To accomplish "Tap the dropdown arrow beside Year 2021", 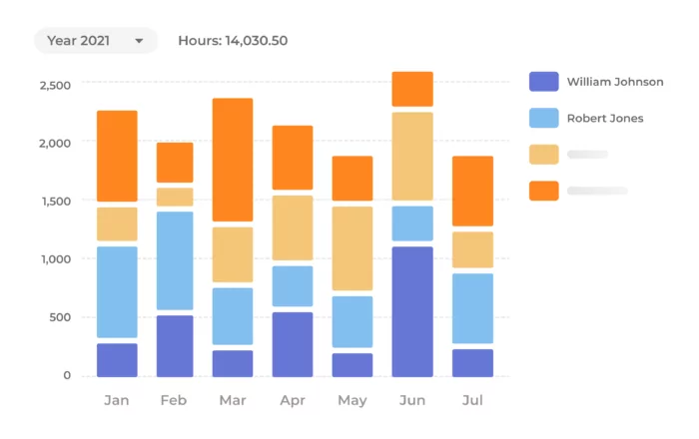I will coord(139,41).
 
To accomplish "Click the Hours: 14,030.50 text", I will coord(233,41).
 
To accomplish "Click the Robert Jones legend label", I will coord(604,118).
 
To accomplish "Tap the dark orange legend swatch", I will coord(544,190).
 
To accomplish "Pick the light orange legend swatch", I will coord(544,154).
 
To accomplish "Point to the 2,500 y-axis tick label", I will coord(54,85).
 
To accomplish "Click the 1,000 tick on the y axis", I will coord(54,259).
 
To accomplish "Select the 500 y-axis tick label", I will coord(59,317).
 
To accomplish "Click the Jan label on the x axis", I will coord(117,400).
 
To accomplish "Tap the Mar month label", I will coord(233,400).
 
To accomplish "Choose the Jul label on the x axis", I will coord(472,400).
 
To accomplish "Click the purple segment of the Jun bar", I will coord(412,311).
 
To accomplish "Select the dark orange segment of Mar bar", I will coord(233,160).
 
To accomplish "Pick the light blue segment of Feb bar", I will coord(175,260).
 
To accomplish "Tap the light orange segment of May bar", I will coord(352,248).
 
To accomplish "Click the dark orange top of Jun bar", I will coord(412,89).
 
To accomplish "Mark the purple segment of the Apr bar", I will coord(293,344).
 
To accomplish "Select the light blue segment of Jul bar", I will coord(472,308).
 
